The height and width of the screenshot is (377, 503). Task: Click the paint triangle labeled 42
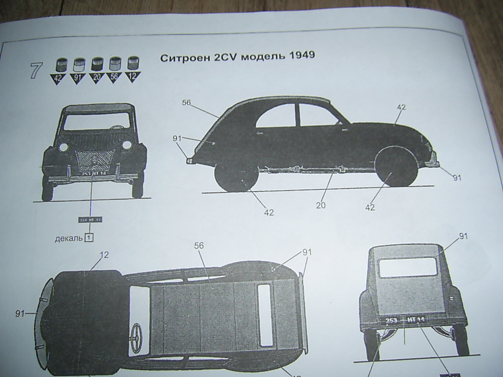click(58, 77)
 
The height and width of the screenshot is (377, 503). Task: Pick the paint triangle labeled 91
click(78, 77)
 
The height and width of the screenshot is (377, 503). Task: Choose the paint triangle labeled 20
click(96, 77)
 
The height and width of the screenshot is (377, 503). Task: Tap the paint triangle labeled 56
click(114, 77)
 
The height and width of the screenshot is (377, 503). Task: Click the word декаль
click(68, 239)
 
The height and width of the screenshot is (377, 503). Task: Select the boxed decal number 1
click(89, 238)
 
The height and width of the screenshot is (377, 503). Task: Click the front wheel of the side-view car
click(396, 167)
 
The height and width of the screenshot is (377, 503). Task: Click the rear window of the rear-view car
click(408, 268)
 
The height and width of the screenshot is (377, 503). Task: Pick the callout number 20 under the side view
click(321, 206)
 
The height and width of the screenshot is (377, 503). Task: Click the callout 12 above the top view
click(104, 255)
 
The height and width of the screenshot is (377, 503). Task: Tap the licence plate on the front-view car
click(91, 173)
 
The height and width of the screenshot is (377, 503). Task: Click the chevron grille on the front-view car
click(94, 158)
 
